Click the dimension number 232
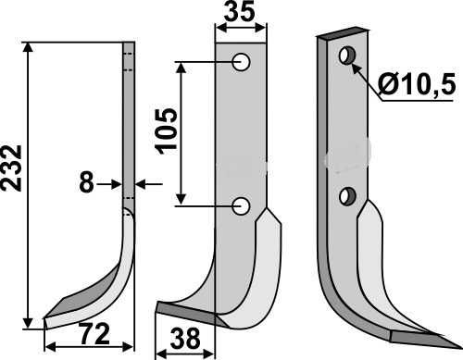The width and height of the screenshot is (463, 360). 11,168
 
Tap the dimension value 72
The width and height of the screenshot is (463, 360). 94,334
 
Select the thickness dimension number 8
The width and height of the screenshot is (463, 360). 86,182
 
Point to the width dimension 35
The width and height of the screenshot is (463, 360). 240,12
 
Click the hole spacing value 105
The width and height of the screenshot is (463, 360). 167,131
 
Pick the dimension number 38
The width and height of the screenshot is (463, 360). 185,339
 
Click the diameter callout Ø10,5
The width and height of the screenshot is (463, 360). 417,85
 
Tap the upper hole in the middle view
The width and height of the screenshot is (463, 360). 241,62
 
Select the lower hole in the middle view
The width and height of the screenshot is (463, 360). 241,205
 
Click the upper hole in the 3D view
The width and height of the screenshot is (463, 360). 347,56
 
